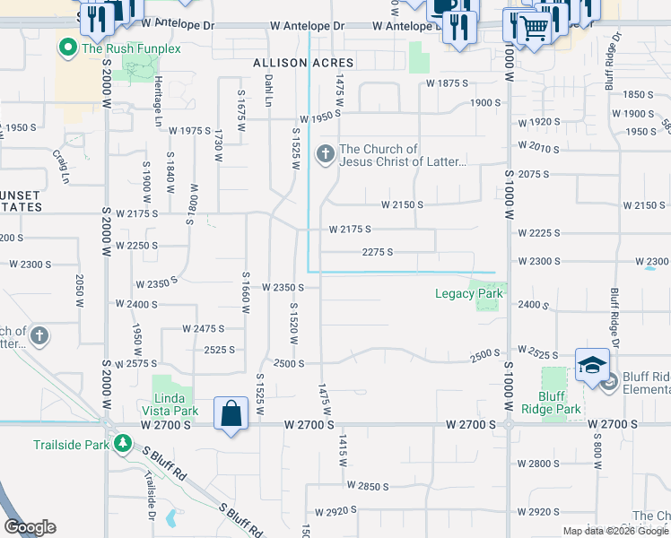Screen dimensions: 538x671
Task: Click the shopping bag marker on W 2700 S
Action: (x=231, y=414)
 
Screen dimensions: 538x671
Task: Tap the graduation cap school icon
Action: (x=592, y=366)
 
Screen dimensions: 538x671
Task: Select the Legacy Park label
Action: (x=468, y=293)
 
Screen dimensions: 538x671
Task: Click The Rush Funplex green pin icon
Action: (x=66, y=48)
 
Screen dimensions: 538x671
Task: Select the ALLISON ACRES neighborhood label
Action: (x=303, y=63)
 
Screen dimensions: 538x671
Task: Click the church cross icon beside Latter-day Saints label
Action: (x=325, y=155)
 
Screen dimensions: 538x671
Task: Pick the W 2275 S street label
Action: (x=378, y=252)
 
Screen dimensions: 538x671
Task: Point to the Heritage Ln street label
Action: (x=158, y=100)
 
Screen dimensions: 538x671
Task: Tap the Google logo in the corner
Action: (x=30, y=527)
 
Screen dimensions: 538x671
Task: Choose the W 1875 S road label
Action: (x=448, y=82)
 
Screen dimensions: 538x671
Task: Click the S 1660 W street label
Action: (x=245, y=293)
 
